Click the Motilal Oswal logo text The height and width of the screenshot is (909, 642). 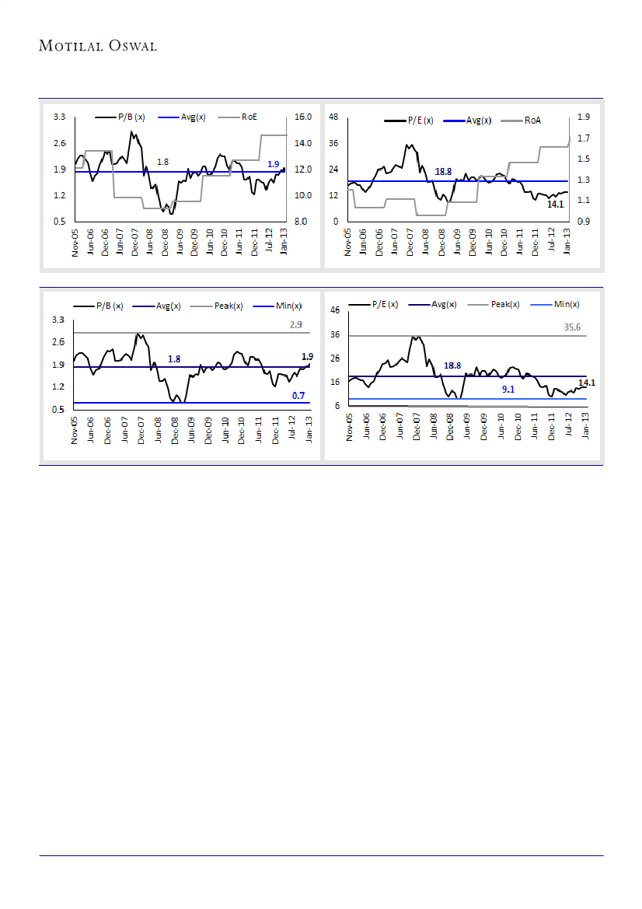[x=98, y=46]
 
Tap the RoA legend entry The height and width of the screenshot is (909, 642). [x=532, y=121]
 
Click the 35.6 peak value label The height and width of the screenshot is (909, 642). [x=572, y=328]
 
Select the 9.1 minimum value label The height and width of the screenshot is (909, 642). [x=508, y=390]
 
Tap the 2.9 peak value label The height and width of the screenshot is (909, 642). [x=296, y=325]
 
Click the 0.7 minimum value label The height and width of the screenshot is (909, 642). [x=298, y=395]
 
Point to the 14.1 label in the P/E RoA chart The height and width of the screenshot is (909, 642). [x=555, y=205]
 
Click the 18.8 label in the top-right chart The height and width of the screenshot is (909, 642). [x=443, y=172]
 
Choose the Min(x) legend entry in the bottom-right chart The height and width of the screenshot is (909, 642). [x=566, y=305]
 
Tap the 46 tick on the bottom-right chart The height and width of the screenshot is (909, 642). [x=335, y=310]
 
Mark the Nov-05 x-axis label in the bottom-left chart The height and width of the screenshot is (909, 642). [x=75, y=429]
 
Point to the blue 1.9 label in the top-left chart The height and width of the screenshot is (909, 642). [x=273, y=164]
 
